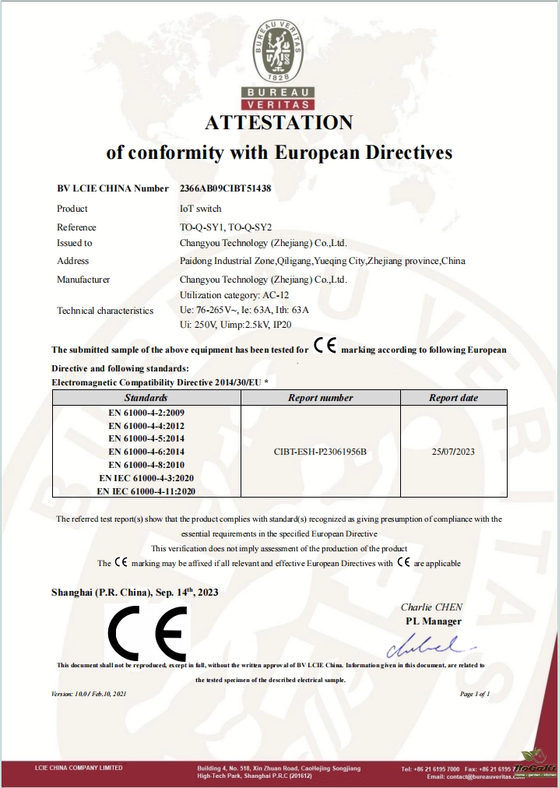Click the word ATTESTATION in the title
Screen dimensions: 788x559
click(x=279, y=123)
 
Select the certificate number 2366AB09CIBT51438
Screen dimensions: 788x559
click(x=225, y=188)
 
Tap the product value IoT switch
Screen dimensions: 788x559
click(x=200, y=209)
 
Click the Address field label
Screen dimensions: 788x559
click(x=73, y=261)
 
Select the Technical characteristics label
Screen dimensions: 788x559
click(x=105, y=311)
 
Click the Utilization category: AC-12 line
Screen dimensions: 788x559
click(x=230, y=296)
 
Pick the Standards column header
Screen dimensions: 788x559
click(x=146, y=398)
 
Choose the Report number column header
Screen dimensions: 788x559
click(x=320, y=398)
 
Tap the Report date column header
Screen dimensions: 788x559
click(x=453, y=398)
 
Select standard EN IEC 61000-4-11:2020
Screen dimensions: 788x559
click(x=146, y=491)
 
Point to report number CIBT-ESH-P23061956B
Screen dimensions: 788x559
click(x=320, y=452)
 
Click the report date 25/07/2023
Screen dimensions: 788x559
click(x=453, y=452)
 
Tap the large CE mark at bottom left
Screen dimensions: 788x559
click(x=147, y=633)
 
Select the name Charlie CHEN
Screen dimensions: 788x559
click(x=431, y=607)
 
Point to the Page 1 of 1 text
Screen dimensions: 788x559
click(x=475, y=694)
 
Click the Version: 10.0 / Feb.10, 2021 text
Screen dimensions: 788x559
click(x=88, y=694)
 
